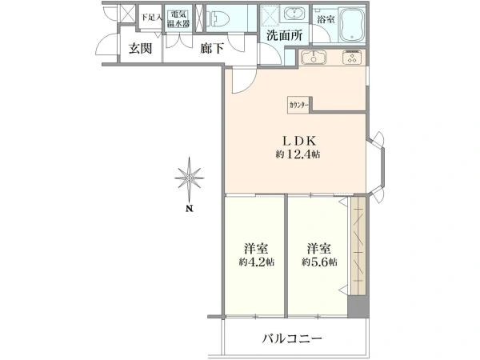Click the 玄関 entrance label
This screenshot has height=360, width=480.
[140, 48]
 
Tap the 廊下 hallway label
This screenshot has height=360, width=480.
[212, 48]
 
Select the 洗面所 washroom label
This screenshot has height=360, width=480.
[284, 35]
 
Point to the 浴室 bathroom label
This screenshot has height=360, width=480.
[326, 20]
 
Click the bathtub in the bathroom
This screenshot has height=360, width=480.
[352, 24]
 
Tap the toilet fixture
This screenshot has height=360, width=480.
[218, 18]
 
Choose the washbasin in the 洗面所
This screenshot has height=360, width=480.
[294, 14]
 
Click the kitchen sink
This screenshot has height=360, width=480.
[314, 58]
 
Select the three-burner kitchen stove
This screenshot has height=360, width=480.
[353, 57]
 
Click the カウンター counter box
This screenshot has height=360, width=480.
[298, 105]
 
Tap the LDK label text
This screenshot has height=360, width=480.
[298, 141]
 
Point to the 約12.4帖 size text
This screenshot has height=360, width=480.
[298, 154]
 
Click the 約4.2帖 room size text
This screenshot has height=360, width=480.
[257, 262]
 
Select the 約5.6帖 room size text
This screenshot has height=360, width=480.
[319, 262]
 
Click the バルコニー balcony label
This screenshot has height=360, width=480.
[292, 338]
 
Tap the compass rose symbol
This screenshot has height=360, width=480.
[189, 178]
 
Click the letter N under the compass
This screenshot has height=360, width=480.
[190, 209]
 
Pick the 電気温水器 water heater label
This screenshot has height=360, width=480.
[178, 19]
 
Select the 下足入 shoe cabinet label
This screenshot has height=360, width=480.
[151, 17]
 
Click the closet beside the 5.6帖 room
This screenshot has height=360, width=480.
[358, 246]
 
